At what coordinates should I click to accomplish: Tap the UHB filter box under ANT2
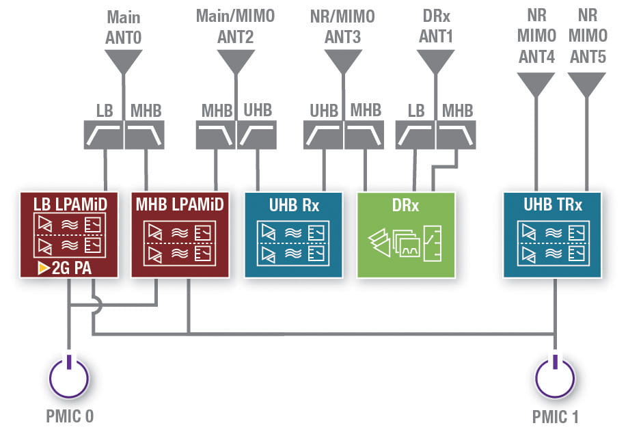[x=257, y=135]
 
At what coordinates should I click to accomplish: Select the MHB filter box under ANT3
[x=366, y=135]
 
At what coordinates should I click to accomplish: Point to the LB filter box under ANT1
[x=415, y=135]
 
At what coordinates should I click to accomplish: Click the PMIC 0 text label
[x=68, y=416]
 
